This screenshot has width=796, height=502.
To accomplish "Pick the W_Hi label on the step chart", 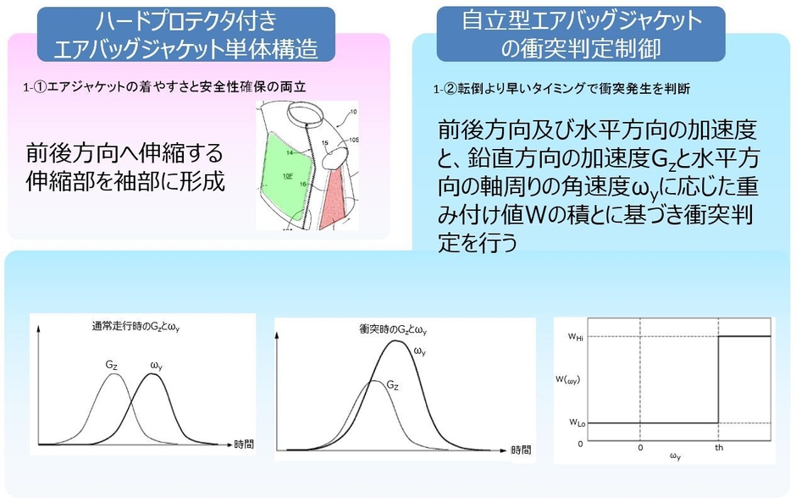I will point(576,336).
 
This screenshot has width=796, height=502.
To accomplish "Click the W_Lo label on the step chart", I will point(576,422).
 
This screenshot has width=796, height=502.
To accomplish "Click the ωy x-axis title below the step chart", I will point(675,458).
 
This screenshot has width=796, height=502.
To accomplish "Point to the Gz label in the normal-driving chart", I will point(113,364).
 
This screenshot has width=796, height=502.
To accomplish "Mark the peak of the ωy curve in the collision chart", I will point(395,341).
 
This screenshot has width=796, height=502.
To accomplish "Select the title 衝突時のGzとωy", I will point(393,330).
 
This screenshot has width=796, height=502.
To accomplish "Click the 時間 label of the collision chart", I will point(522,450).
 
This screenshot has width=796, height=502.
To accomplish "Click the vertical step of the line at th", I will point(718,379).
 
